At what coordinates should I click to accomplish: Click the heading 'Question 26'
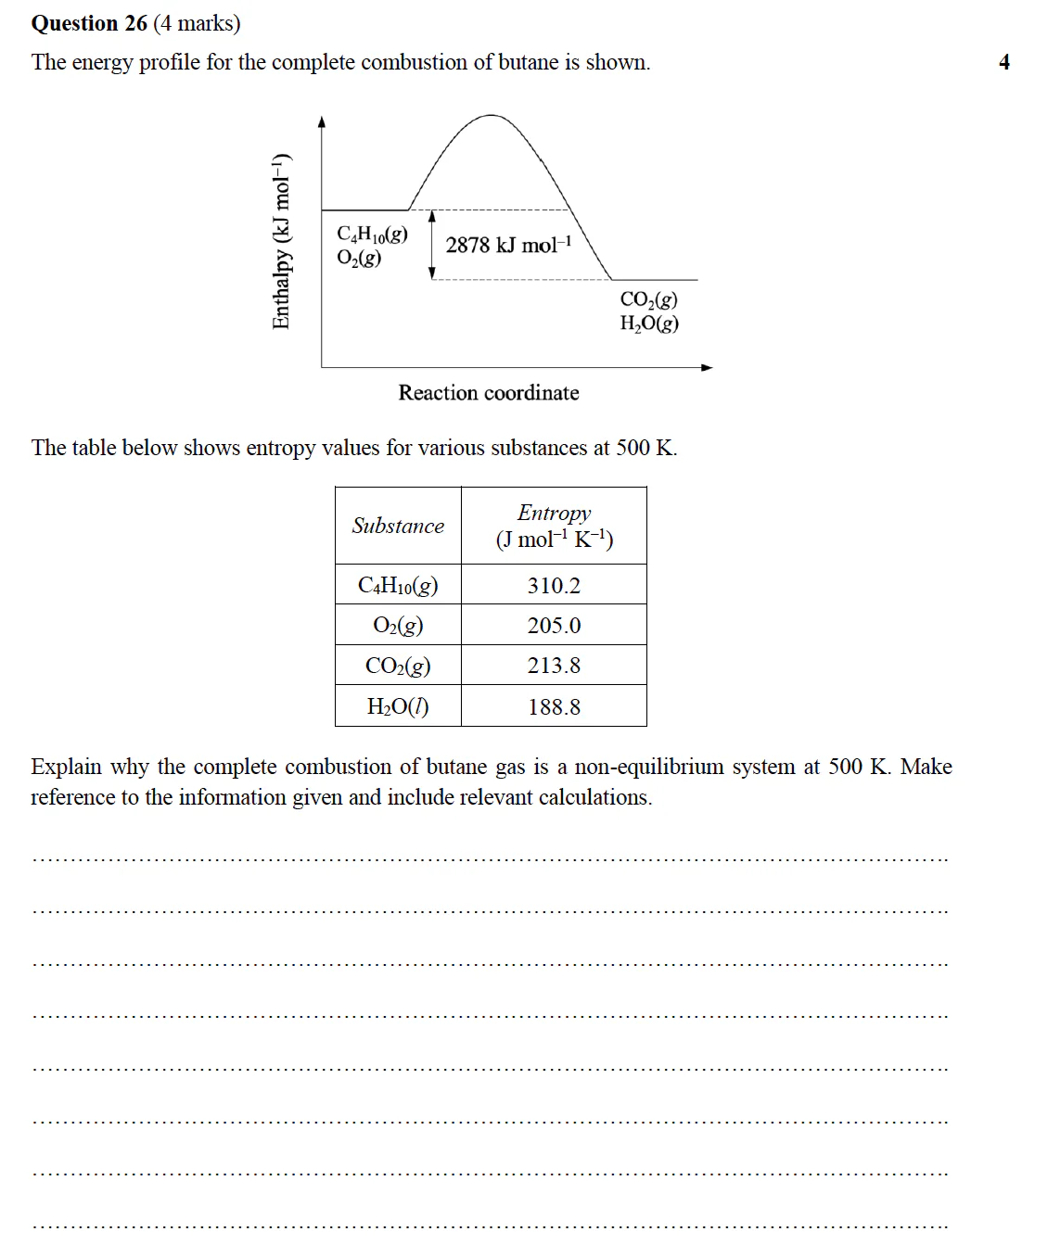[x=89, y=23]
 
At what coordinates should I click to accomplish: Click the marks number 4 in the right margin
[x=1003, y=62]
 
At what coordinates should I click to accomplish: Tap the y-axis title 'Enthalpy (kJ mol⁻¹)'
[x=281, y=241]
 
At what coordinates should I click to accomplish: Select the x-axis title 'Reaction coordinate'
[x=489, y=393]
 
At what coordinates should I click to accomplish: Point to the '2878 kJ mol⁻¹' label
[x=508, y=245]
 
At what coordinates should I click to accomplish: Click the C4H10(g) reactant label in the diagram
[x=372, y=235]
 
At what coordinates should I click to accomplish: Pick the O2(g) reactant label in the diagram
[x=359, y=258]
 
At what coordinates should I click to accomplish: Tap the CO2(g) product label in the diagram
[x=648, y=299]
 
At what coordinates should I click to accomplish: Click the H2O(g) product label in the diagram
[x=649, y=324]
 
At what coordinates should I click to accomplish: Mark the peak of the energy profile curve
[x=491, y=116]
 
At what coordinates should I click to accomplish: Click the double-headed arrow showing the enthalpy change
[x=432, y=245]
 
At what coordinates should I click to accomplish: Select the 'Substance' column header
[x=398, y=526]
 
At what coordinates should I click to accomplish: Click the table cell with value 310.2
[x=554, y=586]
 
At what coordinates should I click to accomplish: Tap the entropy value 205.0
[x=554, y=626]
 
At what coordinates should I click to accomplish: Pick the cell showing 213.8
[x=554, y=666]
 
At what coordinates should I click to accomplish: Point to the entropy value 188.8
[x=554, y=707]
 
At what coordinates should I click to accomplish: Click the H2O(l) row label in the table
[x=398, y=707]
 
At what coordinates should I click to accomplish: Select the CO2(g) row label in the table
[x=398, y=666]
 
